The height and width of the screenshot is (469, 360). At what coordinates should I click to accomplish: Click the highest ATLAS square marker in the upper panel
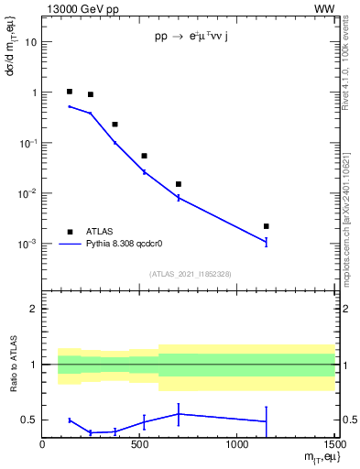[x=70, y=92]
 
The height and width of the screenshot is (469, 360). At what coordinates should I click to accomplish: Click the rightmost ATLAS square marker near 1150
[x=266, y=226]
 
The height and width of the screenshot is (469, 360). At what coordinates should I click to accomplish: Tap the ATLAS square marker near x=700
[x=178, y=184]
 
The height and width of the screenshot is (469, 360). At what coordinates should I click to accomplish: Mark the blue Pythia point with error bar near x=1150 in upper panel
[x=266, y=242]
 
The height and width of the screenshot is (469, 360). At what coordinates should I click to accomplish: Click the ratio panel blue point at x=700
[x=178, y=413]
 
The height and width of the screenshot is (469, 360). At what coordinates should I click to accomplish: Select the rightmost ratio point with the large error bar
[x=266, y=421]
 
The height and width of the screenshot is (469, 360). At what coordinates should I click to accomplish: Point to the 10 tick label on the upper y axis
[x=31, y=42]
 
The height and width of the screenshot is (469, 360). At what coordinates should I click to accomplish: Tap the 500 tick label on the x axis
[x=139, y=446]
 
